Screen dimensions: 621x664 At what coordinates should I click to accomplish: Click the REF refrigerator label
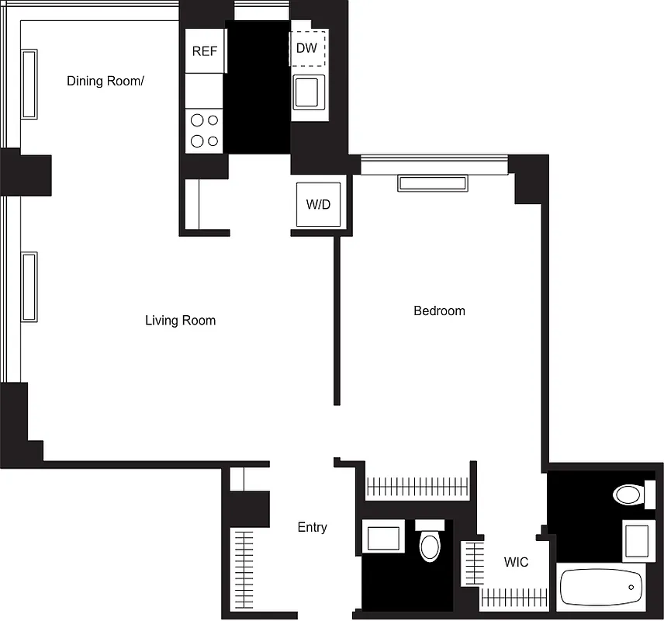(x=205, y=51)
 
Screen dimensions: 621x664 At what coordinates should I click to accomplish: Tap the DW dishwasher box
(x=307, y=48)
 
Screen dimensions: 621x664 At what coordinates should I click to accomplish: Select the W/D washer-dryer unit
(x=318, y=205)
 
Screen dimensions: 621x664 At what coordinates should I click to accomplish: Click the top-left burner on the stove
(x=197, y=120)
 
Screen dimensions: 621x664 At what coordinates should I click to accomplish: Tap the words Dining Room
(x=105, y=81)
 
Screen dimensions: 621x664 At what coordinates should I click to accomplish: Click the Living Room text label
(x=180, y=320)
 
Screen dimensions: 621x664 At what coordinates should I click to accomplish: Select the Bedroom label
(x=439, y=310)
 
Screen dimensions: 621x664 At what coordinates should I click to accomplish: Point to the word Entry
(x=312, y=527)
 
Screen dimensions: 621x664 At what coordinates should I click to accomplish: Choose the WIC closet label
(x=516, y=561)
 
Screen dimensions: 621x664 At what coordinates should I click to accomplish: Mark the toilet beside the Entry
(x=429, y=543)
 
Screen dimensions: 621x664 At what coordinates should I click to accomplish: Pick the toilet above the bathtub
(x=628, y=494)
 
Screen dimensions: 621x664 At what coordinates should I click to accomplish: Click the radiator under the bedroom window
(x=433, y=183)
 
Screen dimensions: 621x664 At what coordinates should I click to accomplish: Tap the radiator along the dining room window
(x=29, y=84)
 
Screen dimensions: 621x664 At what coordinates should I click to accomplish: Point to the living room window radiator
(x=29, y=286)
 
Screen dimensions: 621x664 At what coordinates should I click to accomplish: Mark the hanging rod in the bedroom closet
(x=417, y=487)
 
